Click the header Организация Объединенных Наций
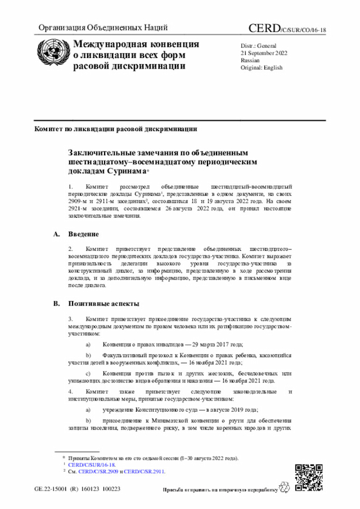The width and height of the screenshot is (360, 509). click(103, 28)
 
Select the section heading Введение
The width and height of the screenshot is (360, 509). click(84, 234)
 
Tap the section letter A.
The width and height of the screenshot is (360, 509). click(56, 234)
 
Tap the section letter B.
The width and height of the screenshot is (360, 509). click(56, 304)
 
